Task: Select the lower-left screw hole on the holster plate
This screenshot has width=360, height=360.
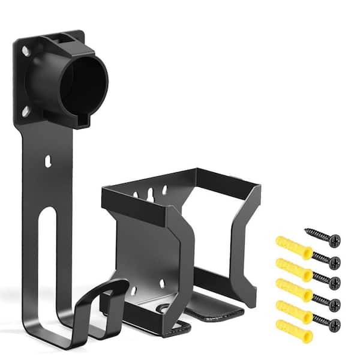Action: click(x=25, y=110)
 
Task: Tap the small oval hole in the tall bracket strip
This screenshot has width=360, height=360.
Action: click(x=49, y=161)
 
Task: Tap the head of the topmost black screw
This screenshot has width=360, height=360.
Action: click(x=334, y=241)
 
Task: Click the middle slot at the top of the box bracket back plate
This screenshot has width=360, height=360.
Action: click(x=151, y=193)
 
